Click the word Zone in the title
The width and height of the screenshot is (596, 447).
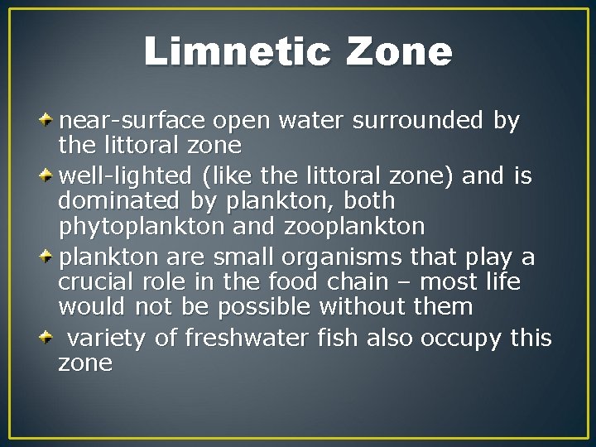400,52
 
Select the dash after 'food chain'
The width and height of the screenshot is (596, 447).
432,283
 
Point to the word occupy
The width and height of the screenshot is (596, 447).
460,339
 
